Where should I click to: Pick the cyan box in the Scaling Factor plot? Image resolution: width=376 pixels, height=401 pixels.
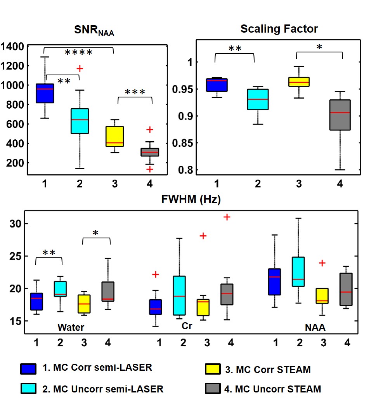click(258, 99)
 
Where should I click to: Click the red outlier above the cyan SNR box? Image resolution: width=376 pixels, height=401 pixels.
click(80, 69)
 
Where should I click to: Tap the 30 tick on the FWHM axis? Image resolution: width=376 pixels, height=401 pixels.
click(14, 224)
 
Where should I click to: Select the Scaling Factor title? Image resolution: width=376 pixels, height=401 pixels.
click(279, 29)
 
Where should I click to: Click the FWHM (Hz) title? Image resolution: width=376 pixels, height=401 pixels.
click(191, 200)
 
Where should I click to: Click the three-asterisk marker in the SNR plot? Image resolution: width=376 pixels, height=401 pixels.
click(135, 93)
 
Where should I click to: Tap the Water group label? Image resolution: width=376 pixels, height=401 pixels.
click(71, 327)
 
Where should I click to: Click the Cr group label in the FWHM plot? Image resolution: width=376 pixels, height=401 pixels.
click(187, 326)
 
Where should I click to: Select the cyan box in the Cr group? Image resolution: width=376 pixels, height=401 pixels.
click(179, 295)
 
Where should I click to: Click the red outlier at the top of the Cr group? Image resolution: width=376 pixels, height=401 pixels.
click(227, 217)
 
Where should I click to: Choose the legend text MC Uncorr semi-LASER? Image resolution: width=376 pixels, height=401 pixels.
click(103, 388)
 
